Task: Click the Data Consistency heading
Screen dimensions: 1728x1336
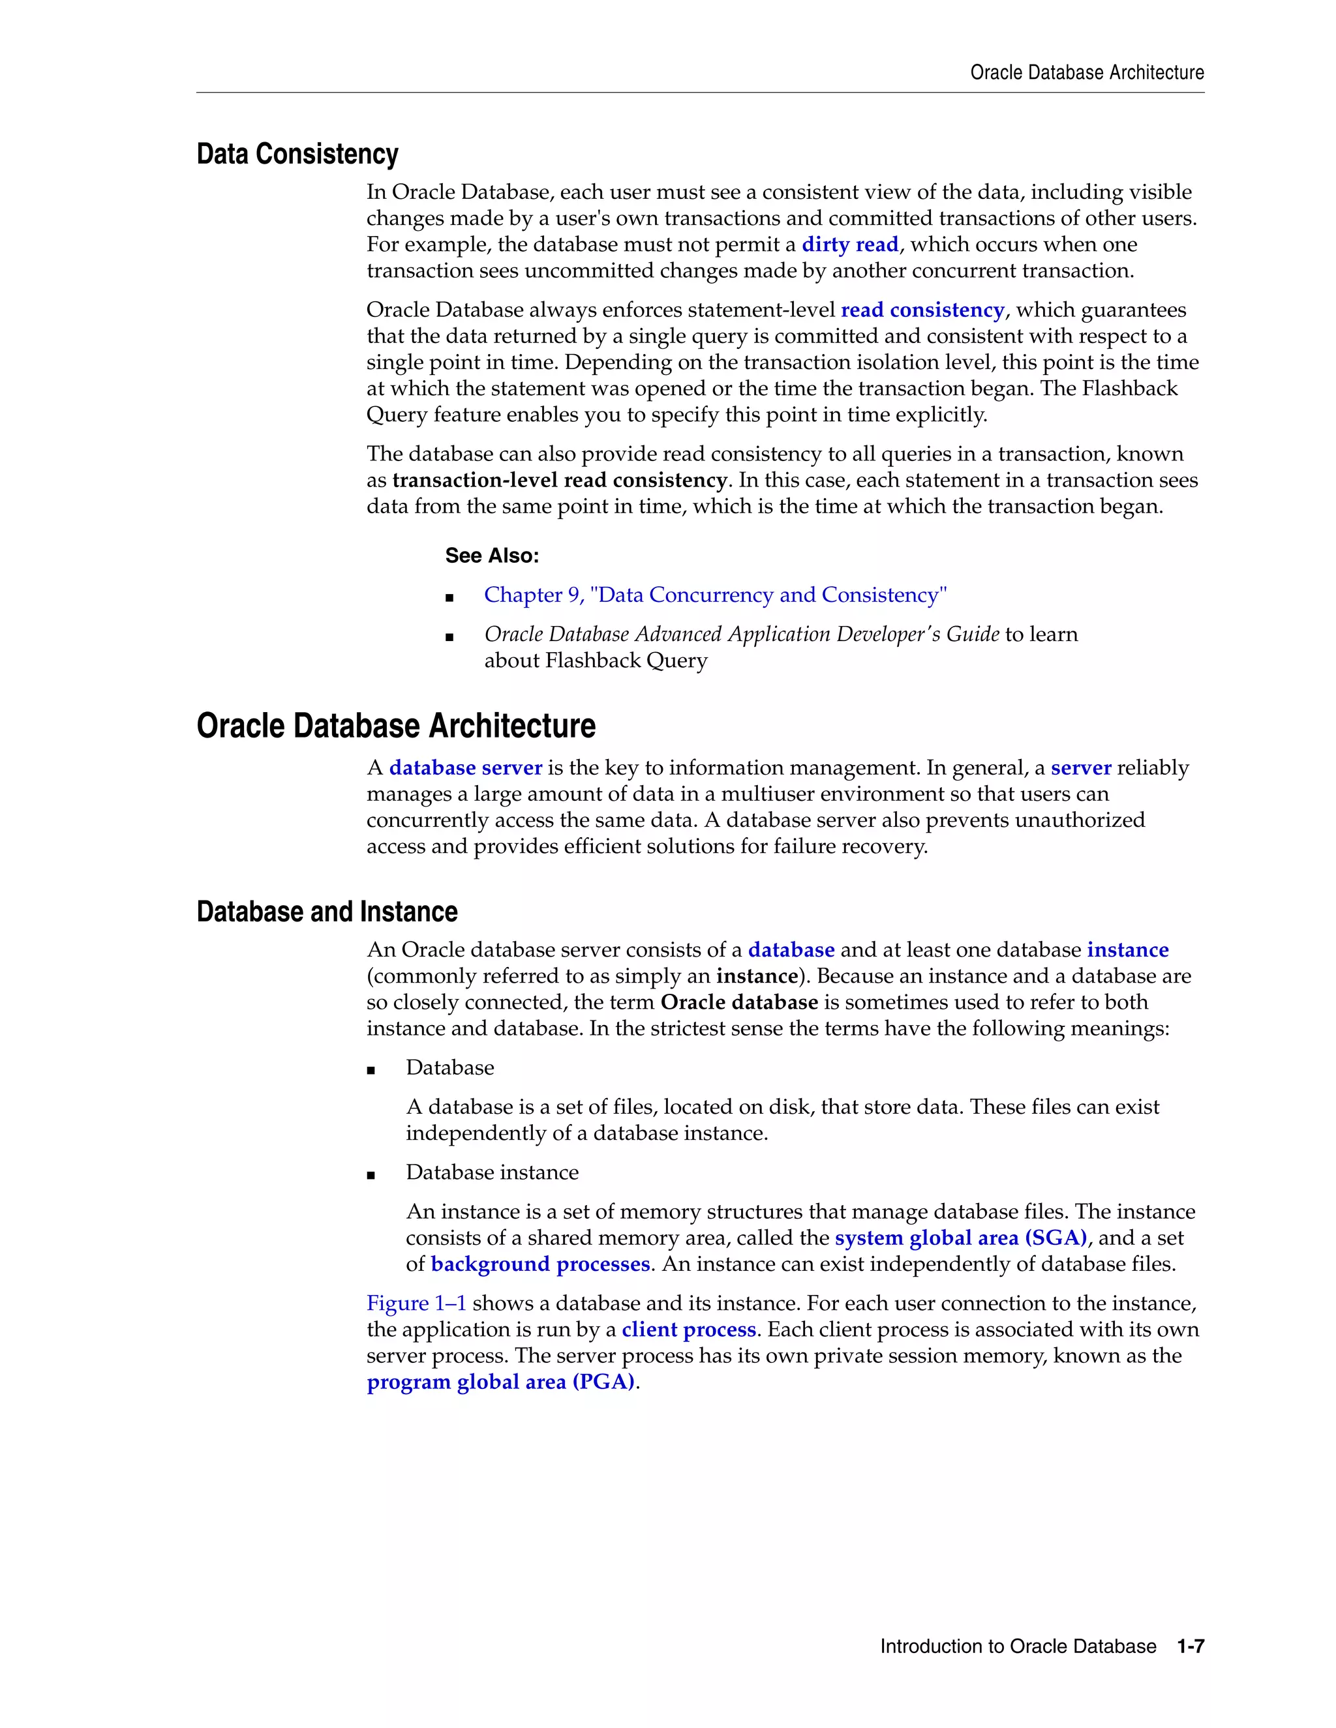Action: (297, 155)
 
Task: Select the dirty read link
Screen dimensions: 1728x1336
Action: (849, 245)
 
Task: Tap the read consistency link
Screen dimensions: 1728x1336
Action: (922, 310)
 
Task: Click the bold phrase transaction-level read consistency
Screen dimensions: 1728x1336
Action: (559, 481)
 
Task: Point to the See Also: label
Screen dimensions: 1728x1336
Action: (491, 556)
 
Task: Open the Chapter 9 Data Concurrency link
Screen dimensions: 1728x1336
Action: (715, 595)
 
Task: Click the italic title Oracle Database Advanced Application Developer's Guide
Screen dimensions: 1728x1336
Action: (742, 634)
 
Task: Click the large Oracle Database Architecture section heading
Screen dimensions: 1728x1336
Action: (396, 726)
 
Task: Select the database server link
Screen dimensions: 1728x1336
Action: (465, 768)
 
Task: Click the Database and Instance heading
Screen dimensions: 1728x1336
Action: (327, 912)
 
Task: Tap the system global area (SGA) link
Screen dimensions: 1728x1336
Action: (961, 1238)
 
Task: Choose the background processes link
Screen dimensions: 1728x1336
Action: (539, 1264)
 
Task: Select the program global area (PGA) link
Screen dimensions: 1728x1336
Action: (500, 1382)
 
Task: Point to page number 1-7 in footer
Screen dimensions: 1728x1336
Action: (1191, 1646)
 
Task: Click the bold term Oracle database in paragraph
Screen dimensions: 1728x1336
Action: (738, 1002)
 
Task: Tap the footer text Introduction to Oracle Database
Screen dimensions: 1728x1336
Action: (1018, 1646)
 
